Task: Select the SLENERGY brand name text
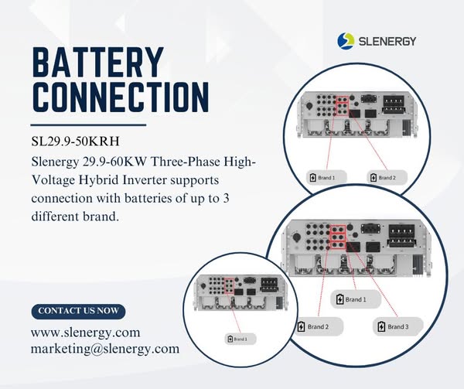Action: (x=390, y=40)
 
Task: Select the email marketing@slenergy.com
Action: (x=104, y=349)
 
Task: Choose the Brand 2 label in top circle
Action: (x=383, y=178)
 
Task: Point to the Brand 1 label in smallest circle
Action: (x=237, y=339)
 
